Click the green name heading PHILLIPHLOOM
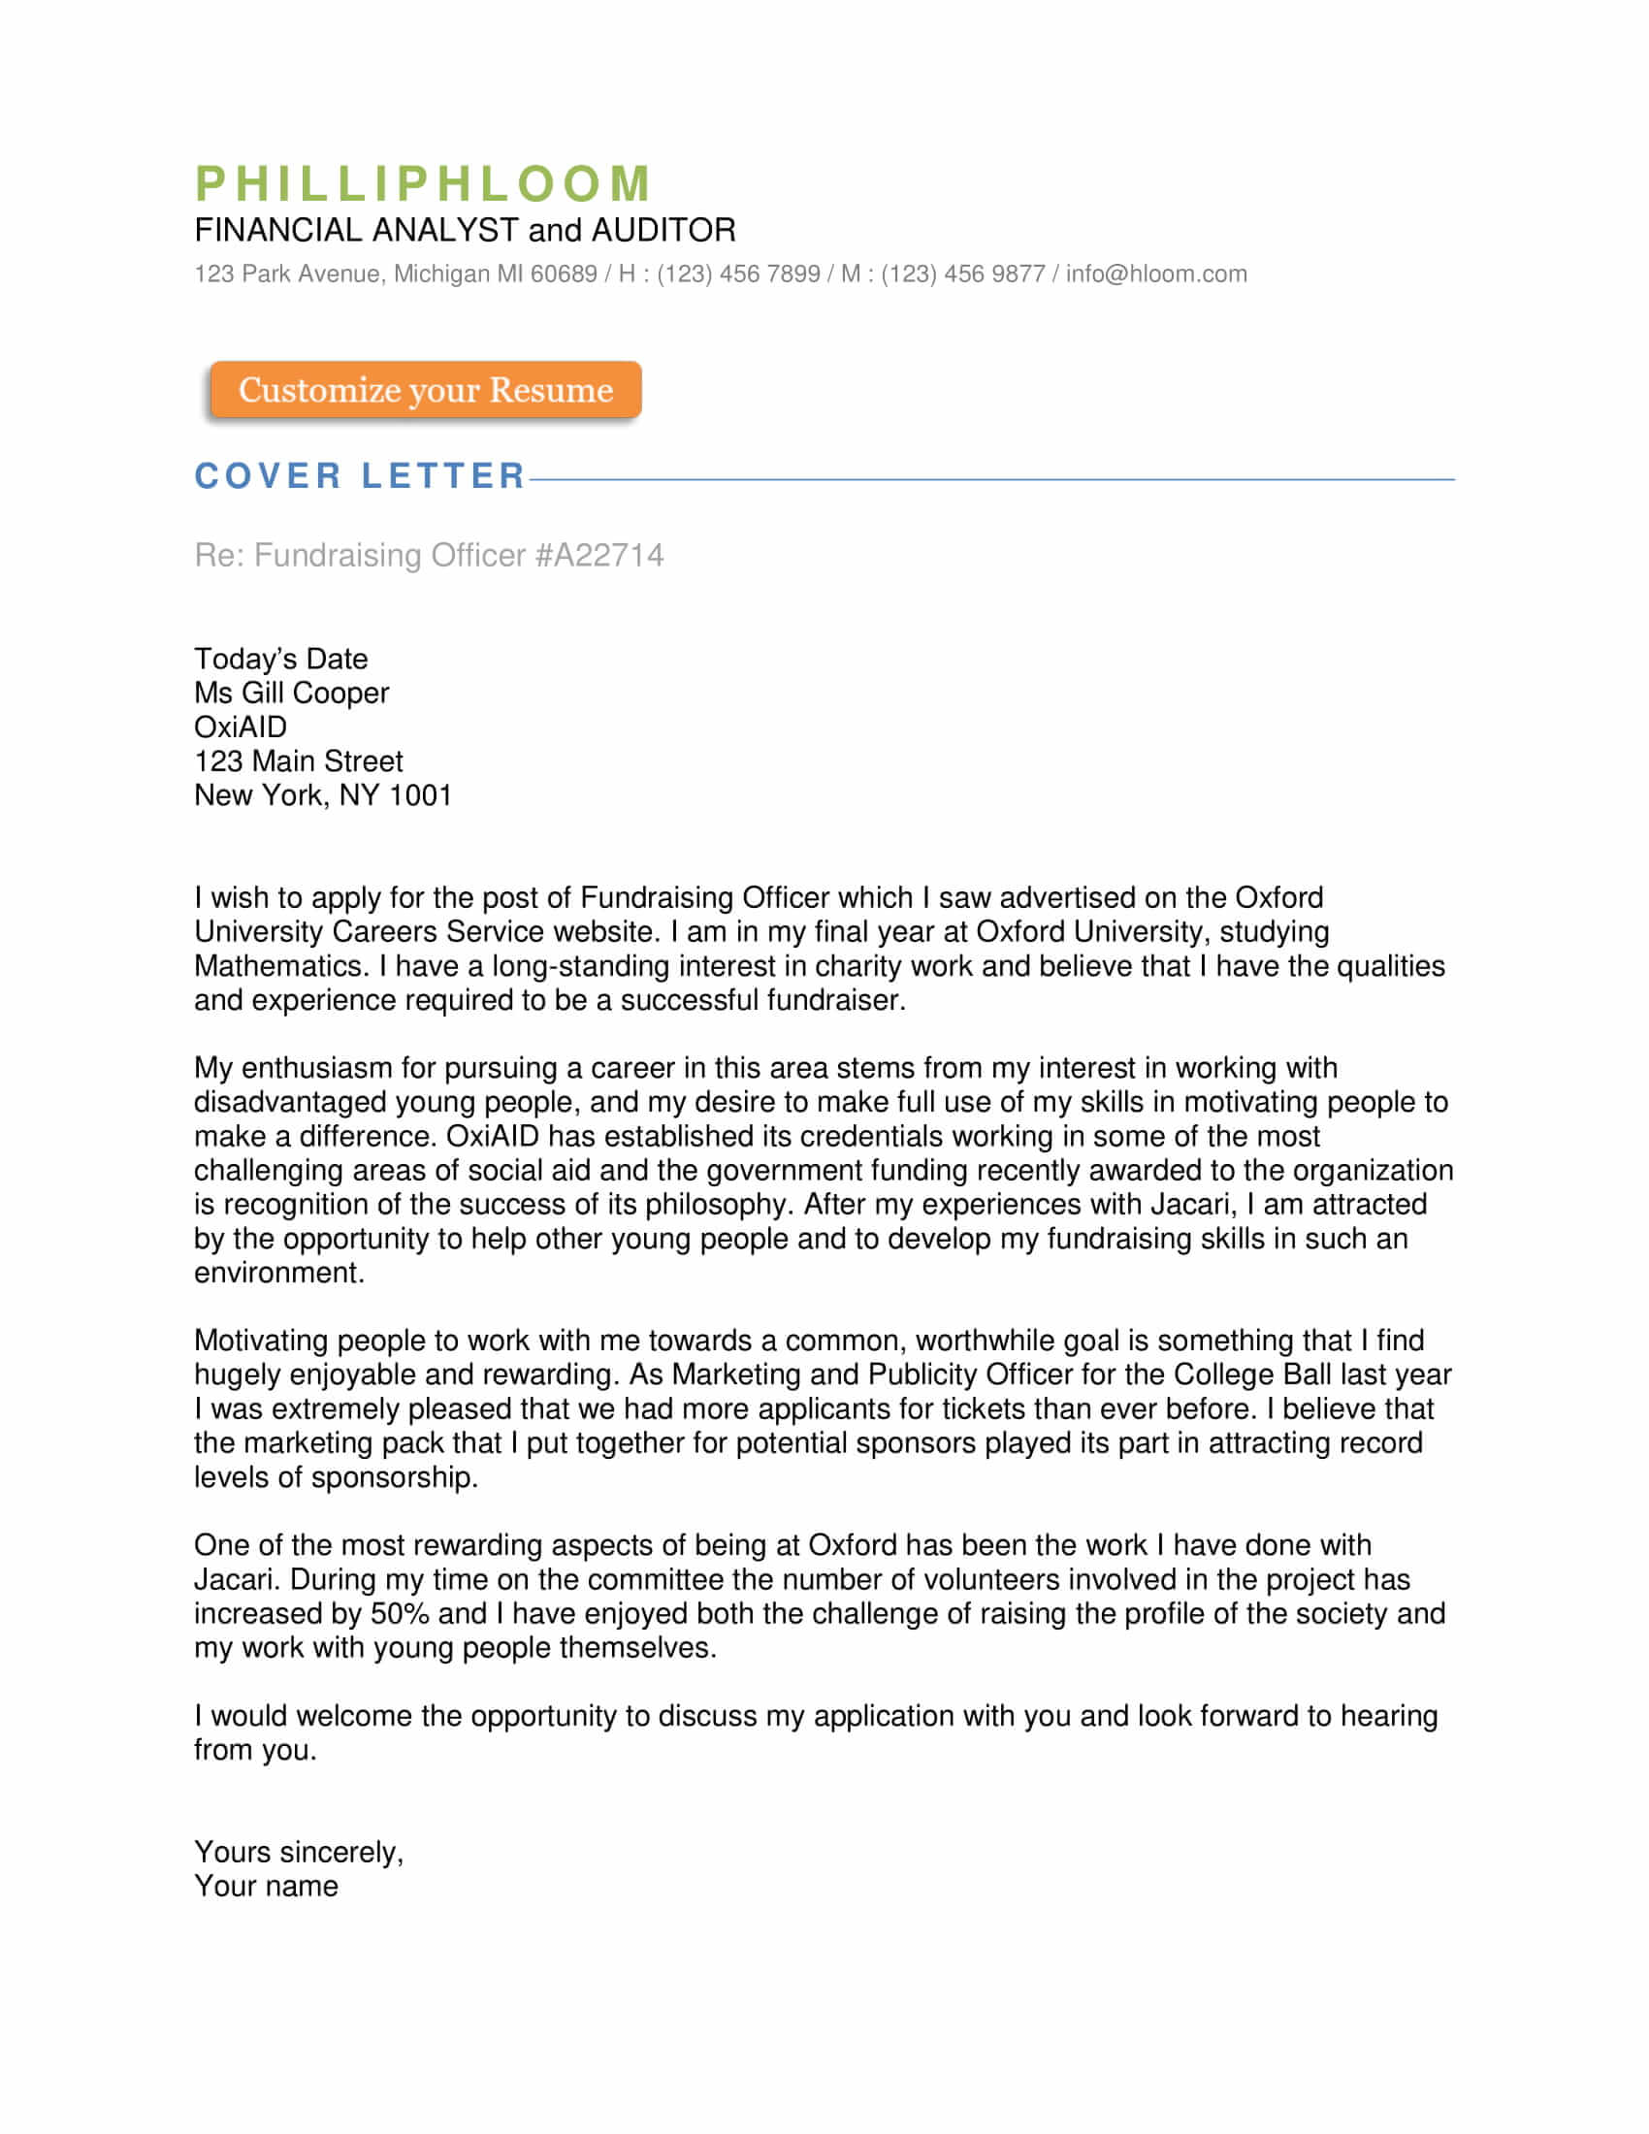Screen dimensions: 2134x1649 pos(423,183)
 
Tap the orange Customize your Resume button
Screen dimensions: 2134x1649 pos(425,390)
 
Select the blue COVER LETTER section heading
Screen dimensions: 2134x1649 pos(361,476)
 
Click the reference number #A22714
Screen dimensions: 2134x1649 pos(599,555)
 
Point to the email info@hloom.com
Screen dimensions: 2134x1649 pos(1155,274)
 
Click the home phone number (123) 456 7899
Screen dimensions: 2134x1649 pos(737,274)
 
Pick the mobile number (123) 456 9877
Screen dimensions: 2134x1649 pos(962,274)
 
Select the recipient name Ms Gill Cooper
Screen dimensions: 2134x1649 pos(291,693)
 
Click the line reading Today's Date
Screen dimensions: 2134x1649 pos(280,659)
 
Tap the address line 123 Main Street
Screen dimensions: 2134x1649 pos(298,761)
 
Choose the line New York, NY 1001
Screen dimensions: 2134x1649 pos(322,795)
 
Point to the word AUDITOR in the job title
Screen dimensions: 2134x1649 pos(663,231)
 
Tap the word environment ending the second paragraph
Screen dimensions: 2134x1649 pos(278,1274)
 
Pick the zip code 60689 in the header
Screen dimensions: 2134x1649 pos(564,274)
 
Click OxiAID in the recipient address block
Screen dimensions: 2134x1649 pos(241,727)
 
